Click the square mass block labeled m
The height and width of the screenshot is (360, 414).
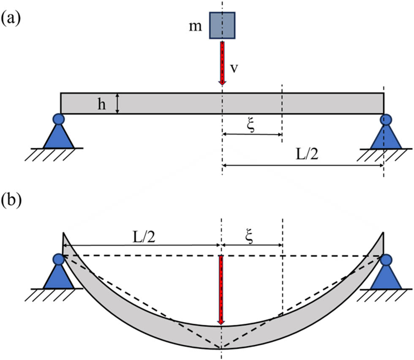coord(222,25)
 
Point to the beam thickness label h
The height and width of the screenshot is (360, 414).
coord(102,104)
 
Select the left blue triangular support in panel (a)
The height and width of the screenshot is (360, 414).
coord(58,134)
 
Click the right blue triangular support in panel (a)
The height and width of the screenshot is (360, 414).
coord(386,134)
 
